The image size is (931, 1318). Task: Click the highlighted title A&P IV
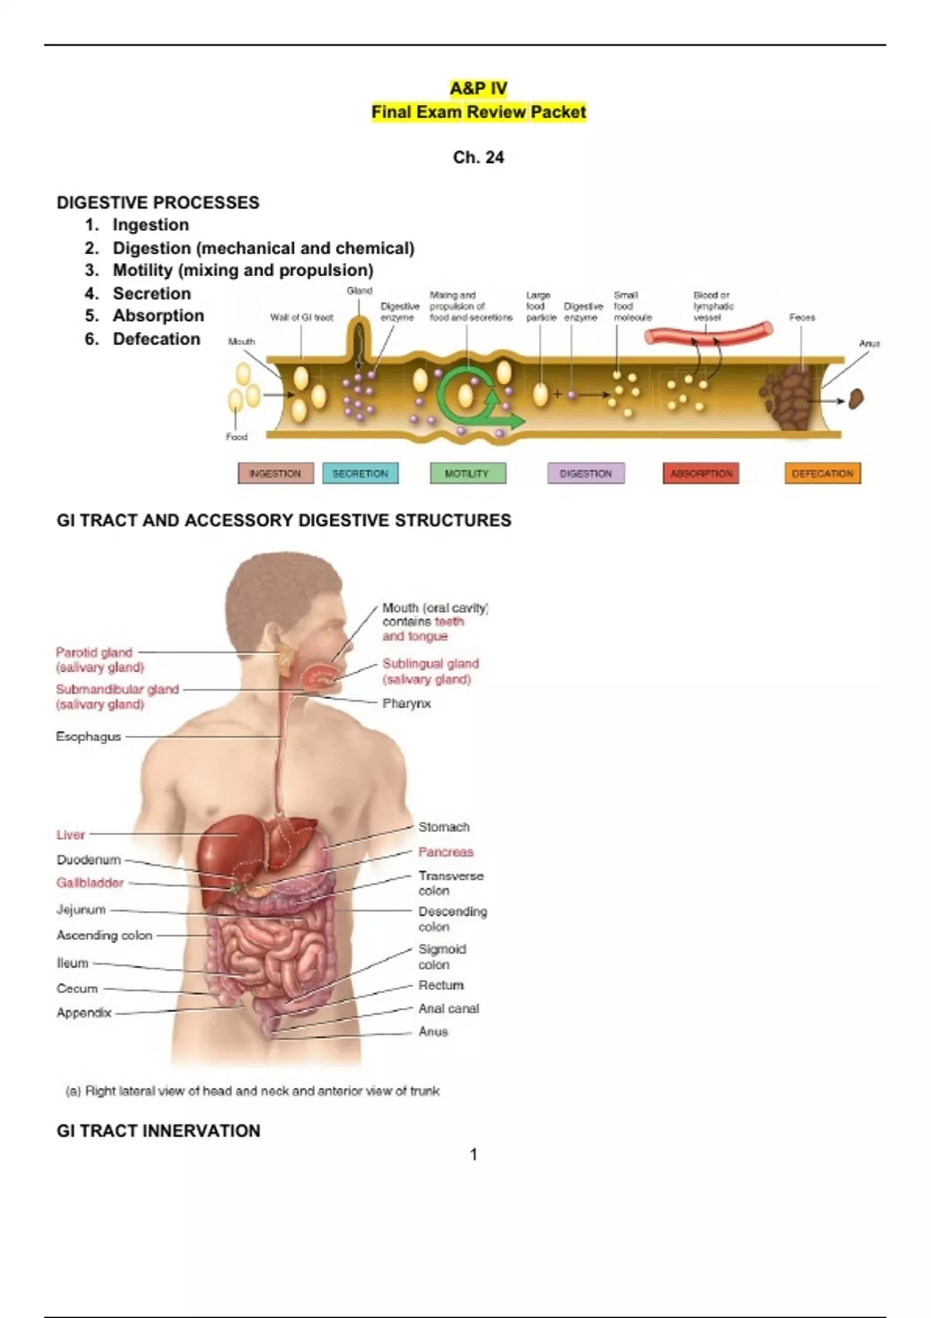coord(478,88)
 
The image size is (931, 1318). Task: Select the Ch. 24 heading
coord(478,157)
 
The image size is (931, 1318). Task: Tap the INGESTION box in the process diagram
coord(275,473)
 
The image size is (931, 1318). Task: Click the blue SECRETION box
coord(360,473)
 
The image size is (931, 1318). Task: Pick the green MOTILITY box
coord(467,473)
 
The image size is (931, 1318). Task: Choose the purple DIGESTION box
coord(585,473)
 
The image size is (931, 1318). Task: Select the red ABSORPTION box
coord(701,473)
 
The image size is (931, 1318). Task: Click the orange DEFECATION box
coord(822,473)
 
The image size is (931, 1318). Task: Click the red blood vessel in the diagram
coord(708,333)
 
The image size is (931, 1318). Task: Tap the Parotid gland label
coord(94,653)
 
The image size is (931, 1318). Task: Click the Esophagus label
coord(88,737)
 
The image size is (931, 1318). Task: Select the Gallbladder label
coord(90,882)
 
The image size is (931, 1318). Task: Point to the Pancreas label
coord(445,852)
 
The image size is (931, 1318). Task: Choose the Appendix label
coord(84,1013)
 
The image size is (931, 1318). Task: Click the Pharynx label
coord(406,703)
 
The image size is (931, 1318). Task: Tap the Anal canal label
coord(448,1009)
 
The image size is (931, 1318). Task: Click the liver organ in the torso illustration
coord(225,853)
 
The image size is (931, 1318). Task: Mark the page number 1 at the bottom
coord(473,1154)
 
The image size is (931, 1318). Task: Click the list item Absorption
coord(158,316)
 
